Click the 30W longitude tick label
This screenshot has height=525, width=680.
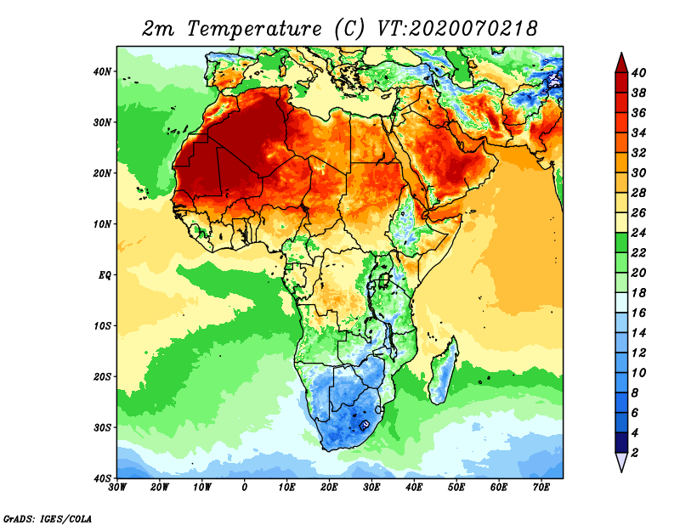(118, 488)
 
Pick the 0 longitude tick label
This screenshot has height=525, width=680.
(245, 488)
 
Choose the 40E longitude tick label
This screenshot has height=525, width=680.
(414, 488)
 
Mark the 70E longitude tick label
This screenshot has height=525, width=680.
(541, 488)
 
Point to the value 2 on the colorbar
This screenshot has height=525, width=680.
(636, 453)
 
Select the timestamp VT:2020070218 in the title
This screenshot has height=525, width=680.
(456, 28)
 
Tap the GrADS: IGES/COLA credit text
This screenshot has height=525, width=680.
(48, 517)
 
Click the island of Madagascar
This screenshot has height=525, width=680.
(443, 371)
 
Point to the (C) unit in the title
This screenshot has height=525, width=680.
(349, 28)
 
